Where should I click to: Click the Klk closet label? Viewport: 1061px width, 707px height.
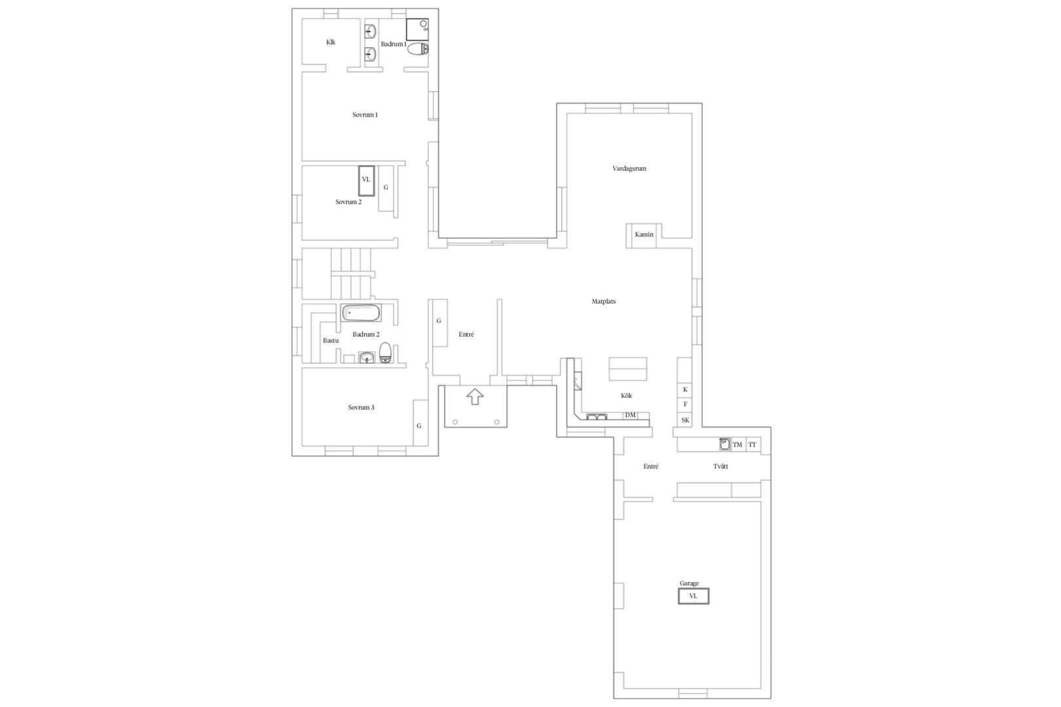click(331, 42)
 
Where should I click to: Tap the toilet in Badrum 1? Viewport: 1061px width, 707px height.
click(418, 49)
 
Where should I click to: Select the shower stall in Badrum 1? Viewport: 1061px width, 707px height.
click(417, 30)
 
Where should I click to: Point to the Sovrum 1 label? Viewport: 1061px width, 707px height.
click(365, 115)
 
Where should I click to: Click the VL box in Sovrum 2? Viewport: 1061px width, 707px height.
click(366, 181)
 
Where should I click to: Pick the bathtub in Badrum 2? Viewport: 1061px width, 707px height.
click(361, 313)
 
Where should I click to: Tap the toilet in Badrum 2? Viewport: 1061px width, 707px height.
click(386, 353)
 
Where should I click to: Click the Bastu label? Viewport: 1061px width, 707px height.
click(331, 340)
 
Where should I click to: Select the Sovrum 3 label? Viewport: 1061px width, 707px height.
click(361, 407)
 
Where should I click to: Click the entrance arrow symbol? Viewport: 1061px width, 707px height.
click(475, 396)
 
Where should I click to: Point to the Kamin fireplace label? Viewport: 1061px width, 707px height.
click(644, 234)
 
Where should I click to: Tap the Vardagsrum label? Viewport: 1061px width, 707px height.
click(629, 169)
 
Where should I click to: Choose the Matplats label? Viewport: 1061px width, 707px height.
click(603, 301)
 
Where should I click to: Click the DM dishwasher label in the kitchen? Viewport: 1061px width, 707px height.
click(630, 415)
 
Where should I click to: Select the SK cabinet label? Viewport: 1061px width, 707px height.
click(685, 420)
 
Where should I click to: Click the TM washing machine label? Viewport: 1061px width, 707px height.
click(737, 444)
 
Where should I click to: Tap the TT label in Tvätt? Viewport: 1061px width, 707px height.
click(752, 444)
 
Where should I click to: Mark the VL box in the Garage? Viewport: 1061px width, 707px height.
click(694, 596)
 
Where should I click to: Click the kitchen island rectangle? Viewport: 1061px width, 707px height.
click(627, 369)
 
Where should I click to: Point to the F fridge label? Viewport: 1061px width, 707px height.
click(685, 405)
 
